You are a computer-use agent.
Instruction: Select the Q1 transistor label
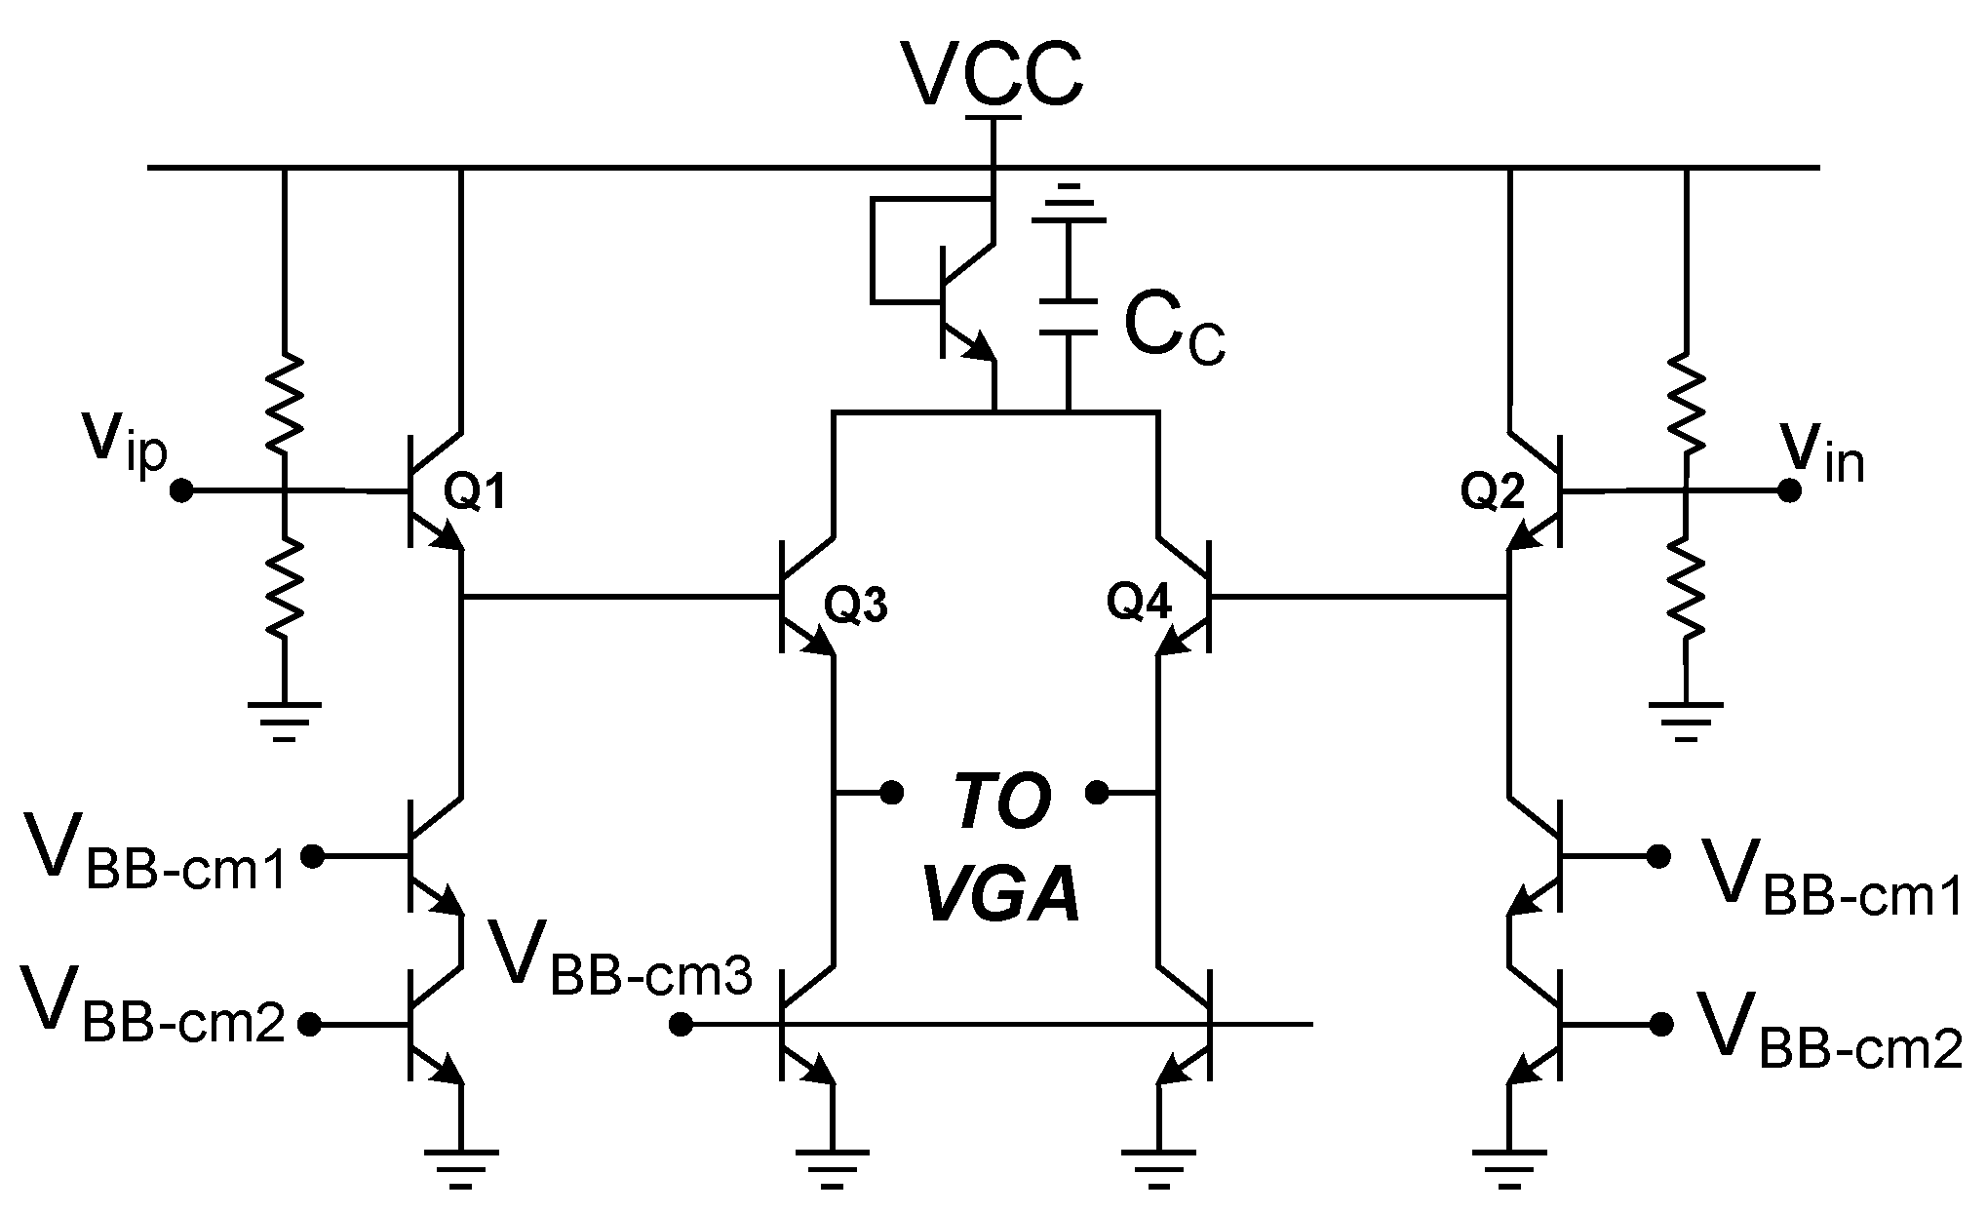[x=475, y=493]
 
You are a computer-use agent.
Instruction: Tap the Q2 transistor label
[x=1492, y=492]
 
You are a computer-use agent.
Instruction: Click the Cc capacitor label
[x=1174, y=330]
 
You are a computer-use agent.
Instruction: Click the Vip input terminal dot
[x=180, y=491]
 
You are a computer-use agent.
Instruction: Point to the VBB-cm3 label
[x=621, y=958]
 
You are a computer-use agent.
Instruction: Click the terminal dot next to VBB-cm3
[x=682, y=1025]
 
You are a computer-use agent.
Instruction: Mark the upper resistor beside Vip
[x=284, y=403]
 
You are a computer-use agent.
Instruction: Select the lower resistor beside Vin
[x=1686, y=590]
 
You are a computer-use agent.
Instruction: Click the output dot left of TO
[x=890, y=792]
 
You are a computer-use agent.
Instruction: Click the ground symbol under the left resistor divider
[x=284, y=720]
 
